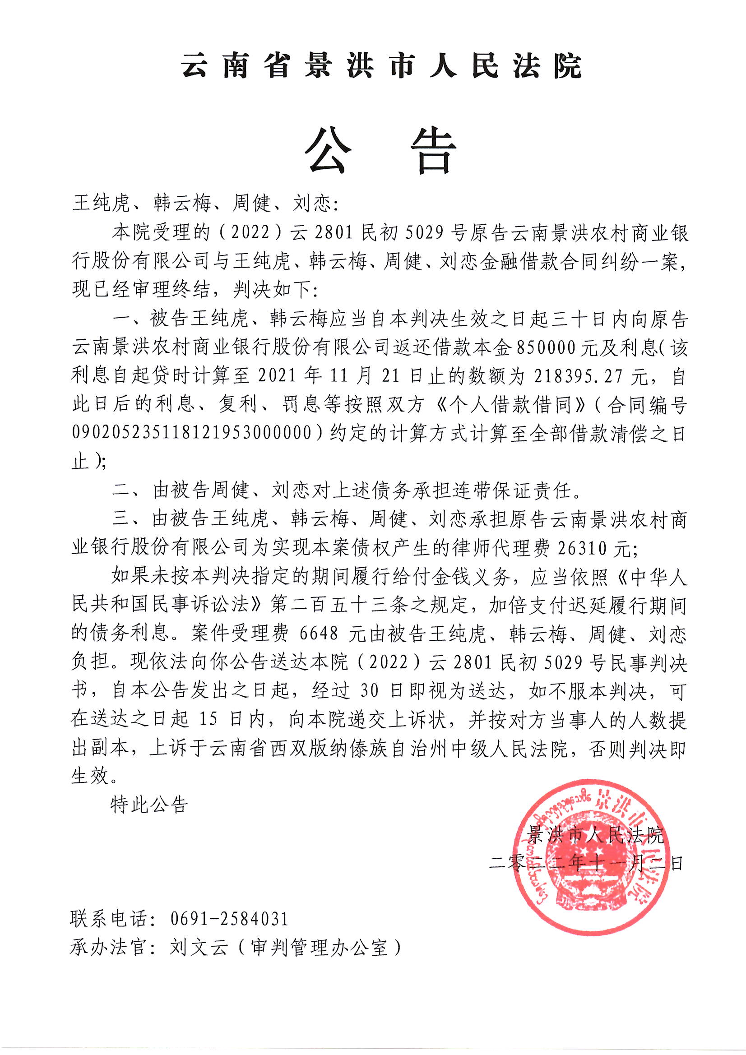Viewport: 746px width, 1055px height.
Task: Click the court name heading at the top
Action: click(381, 66)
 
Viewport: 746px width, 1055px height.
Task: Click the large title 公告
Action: click(381, 150)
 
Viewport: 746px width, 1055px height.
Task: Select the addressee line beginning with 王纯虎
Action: click(205, 203)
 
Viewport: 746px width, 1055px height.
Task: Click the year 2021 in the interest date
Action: click(277, 377)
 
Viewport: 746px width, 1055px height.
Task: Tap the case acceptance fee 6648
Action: click(319, 634)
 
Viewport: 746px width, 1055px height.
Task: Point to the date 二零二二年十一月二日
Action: click(586, 863)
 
